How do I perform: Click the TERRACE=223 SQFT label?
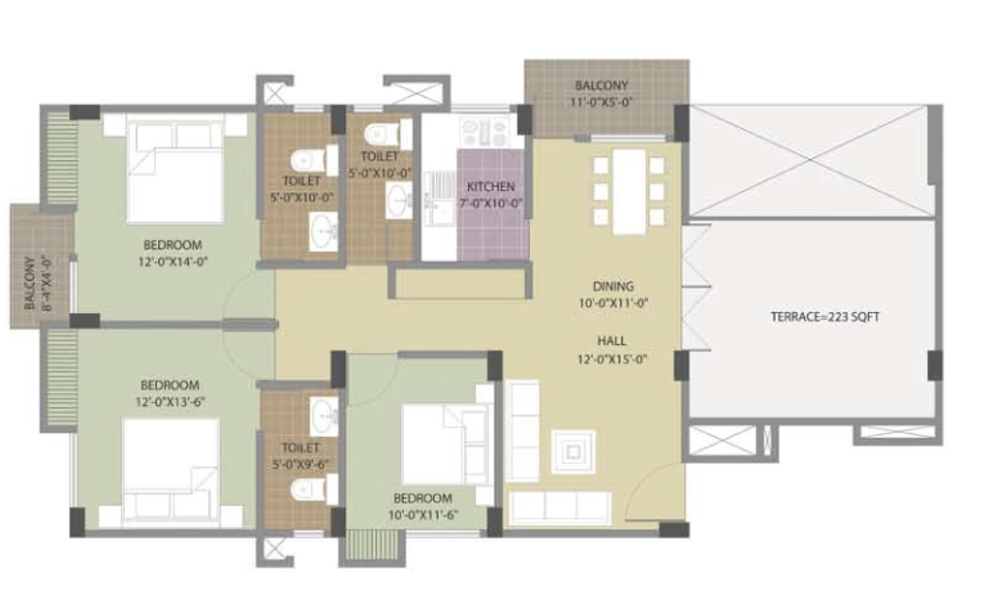point(825,317)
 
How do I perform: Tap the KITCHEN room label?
point(491,186)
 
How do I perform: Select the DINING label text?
point(613,286)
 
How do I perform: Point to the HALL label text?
point(612,340)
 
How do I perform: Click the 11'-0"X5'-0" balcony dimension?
point(602,101)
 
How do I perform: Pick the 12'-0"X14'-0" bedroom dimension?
point(174,261)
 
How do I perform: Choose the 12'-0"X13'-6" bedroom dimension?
point(170,401)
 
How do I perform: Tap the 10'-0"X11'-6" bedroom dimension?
point(423,515)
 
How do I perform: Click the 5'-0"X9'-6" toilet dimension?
point(300,464)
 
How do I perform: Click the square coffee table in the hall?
point(574,452)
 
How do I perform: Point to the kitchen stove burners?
point(484,132)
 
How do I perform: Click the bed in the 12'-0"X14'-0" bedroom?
point(176,172)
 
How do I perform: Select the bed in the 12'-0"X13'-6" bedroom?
point(171,470)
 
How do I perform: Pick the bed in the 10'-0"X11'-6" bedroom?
point(445,446)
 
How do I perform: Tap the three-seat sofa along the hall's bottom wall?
point(561,507)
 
